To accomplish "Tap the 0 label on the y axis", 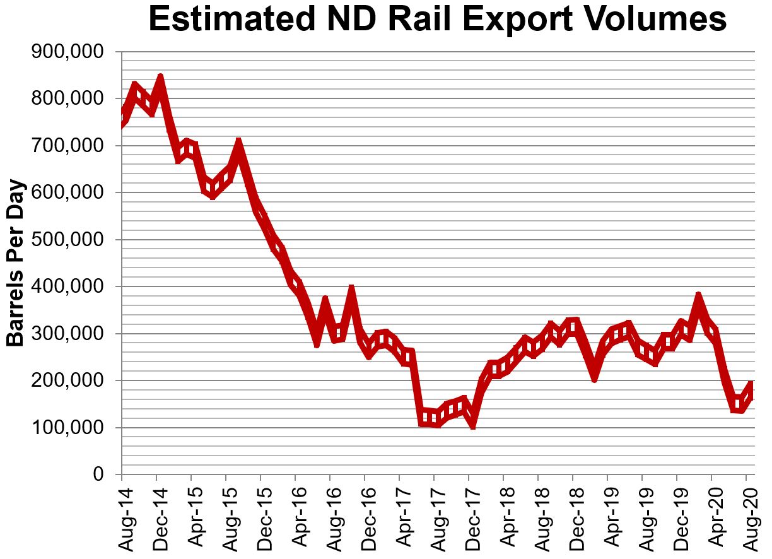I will [98, 474].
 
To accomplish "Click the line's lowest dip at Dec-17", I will [471, 424].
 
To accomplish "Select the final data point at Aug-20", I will [751, 385].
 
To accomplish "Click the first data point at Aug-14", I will [122, 117].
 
